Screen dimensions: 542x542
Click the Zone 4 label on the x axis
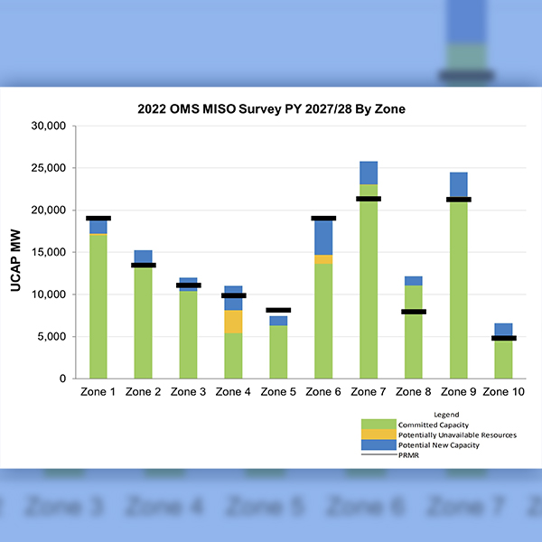233,392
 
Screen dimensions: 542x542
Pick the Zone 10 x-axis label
503,392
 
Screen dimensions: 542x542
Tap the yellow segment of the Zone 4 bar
233,322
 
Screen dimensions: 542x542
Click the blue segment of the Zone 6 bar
323,238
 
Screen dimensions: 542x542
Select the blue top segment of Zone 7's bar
369,173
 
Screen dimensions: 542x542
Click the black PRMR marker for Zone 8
414,312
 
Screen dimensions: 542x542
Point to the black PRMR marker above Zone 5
278,310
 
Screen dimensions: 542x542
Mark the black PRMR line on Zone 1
98,218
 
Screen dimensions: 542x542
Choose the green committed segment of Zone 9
459,289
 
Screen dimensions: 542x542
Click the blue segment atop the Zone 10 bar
503,330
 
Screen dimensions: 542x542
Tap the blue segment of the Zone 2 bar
144,257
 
